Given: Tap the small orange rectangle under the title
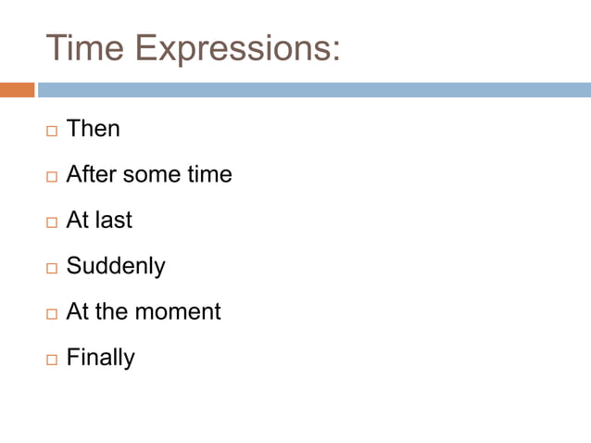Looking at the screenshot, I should (x=17, y=90).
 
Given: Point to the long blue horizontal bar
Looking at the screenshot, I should (x=314, y=90).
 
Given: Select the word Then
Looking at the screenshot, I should (x=94, y=129).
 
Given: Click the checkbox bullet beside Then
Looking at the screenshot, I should (x=51, y=131).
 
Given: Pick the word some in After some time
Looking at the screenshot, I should (x=153, y=174).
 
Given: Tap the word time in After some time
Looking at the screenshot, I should (x=209, y=174).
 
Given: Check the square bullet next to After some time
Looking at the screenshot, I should (x=51, y=176).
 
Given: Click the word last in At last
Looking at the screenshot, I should (x=113, y=220).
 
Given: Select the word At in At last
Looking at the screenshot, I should (x=77, y=220).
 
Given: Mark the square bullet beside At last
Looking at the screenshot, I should (x=51, y=221).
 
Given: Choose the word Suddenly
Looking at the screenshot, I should (x=116, y=267).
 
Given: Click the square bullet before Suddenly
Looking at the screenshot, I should (x=51, y=268).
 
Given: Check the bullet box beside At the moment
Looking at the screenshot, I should (x=51, y=313).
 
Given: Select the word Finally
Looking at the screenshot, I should (x=101, y=358).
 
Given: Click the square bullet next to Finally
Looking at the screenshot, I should (x=51, y=360).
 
